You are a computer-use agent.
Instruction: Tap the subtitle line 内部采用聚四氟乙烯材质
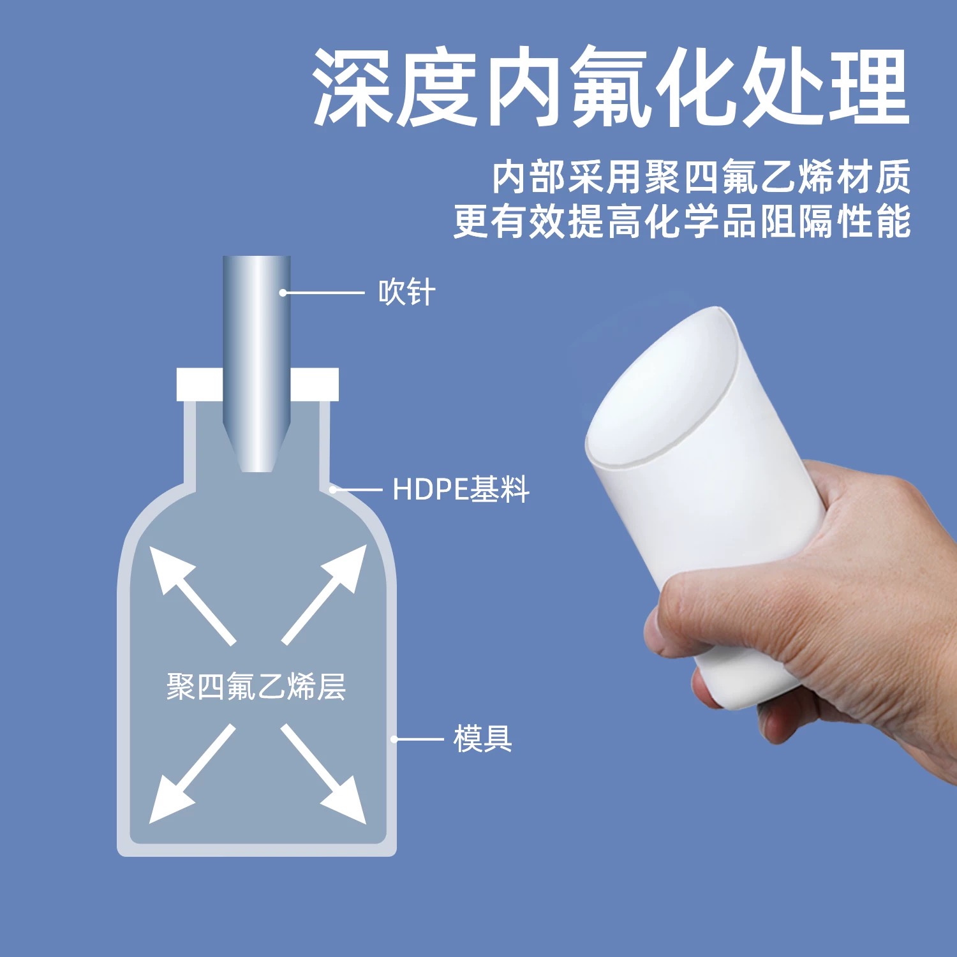701,177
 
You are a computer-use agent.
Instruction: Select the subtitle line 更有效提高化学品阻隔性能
682,221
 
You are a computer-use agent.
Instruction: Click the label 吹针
407,293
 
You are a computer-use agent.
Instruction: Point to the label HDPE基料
461,489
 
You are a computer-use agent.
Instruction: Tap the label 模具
482,739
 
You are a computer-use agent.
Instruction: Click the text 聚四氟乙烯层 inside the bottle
256,687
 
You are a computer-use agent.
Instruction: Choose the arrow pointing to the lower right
323,773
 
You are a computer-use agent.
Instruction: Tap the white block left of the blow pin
200,384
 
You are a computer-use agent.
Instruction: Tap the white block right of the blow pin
315,384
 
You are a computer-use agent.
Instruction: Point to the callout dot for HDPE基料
332,490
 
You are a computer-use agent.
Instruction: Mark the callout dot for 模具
394,739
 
